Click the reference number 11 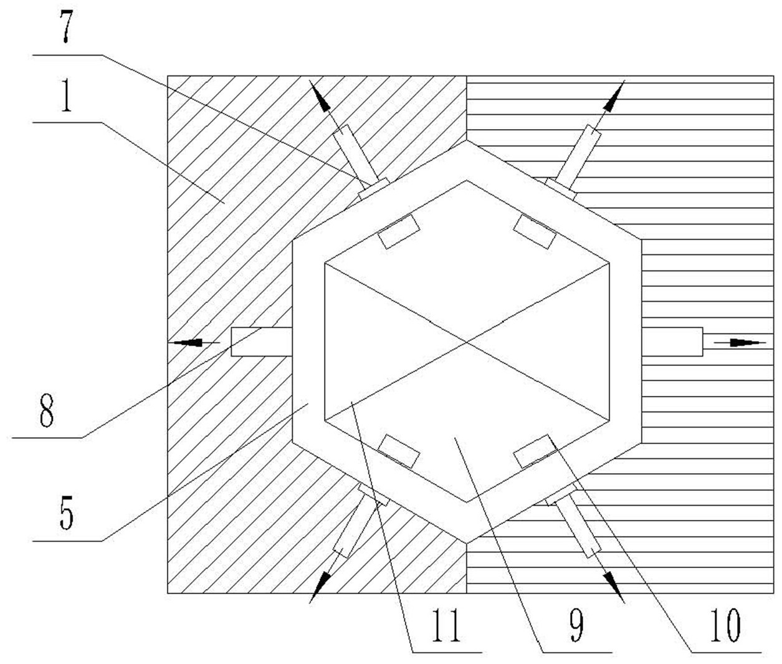(447, 626)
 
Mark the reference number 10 (725, 626)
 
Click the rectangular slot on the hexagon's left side (261, 342)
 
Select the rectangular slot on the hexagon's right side (672, 342)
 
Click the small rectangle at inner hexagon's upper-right (535, 231)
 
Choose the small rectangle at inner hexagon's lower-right (533, 451)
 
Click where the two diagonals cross (467, 341)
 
